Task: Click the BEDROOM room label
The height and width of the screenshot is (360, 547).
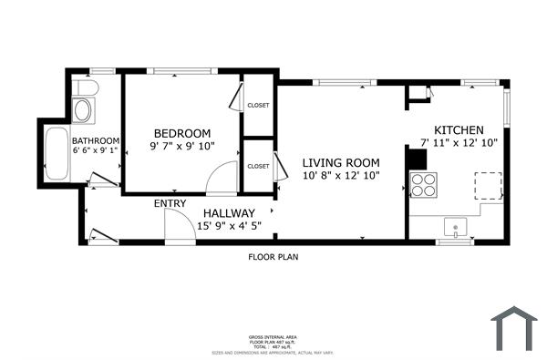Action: [x=181, y=132]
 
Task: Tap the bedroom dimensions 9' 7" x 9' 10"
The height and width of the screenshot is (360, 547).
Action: [x=181, y=146]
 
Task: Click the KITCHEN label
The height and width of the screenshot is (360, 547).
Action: [x=459, y=129]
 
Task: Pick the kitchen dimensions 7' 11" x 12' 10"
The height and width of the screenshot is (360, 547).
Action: [x=459, y=143]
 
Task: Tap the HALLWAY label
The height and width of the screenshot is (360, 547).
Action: [x=229, y=212]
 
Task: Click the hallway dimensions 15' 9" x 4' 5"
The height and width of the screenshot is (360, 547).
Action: [x=229, y=226]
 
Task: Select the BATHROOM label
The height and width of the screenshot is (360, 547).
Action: [x=97, y=139]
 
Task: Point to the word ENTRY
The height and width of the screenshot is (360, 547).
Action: [x=170, y=203]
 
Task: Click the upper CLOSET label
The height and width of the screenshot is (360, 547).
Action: [x=258, y=106]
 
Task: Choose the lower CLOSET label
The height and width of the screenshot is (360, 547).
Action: [x=258, y=166]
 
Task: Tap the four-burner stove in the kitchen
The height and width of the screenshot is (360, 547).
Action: [x=423, y=184]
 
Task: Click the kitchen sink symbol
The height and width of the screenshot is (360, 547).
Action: [x=453, y=225]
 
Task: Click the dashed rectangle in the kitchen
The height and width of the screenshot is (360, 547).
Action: [x=488, y=185]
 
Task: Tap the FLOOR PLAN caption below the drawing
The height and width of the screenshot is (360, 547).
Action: [x=273, y=257]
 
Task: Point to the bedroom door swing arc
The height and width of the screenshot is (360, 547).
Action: [x=222, y=180]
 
